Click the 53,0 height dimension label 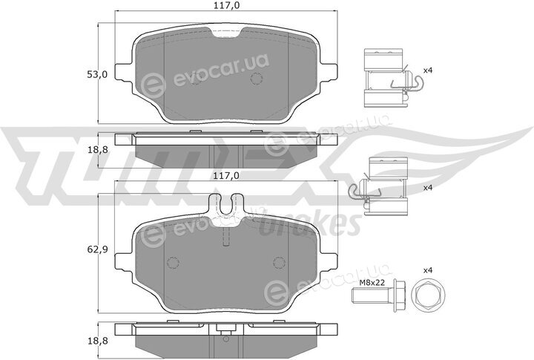click(97, 74)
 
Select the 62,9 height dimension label click(97, 249)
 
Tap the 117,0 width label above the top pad click(225, 5)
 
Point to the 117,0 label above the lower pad click(225, 175)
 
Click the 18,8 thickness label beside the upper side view click(97, 149)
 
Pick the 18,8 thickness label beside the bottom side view click(97, 341)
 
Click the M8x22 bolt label click(372, 282)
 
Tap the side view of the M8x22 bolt click(378, 295)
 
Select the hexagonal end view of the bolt click(429, 295)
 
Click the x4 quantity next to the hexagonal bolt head click(428, 270)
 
